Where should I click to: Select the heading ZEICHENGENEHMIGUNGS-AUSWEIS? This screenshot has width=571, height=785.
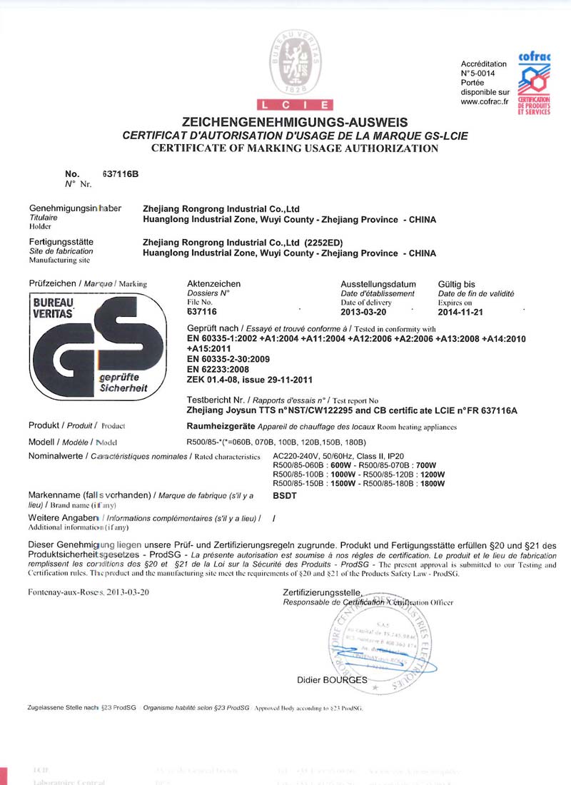[x=295, y=123]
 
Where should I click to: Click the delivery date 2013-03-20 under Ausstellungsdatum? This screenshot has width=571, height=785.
[x=363, y=312]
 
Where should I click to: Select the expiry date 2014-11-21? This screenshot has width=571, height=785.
[x=460, y=312]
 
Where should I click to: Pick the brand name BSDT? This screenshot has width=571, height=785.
[x=285, y=495]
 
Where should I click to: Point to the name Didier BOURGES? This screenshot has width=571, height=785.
[x=332, y=680]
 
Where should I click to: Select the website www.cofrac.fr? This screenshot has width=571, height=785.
[x=485, y=101]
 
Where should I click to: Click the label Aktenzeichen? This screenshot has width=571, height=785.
[x=213, y=284]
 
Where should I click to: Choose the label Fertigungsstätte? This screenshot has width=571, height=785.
[x=61, y=243]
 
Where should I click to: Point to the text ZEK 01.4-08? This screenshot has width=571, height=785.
[x=213, y=380]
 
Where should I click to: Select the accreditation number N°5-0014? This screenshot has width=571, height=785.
[x=478, y=73]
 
